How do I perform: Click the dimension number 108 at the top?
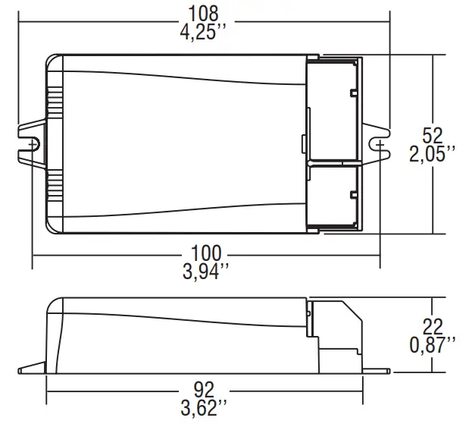tap(203, 13)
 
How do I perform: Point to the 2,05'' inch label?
tap(433, 155)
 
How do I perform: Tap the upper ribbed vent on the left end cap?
tap(55, 103)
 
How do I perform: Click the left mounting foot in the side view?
tap(32, 369)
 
